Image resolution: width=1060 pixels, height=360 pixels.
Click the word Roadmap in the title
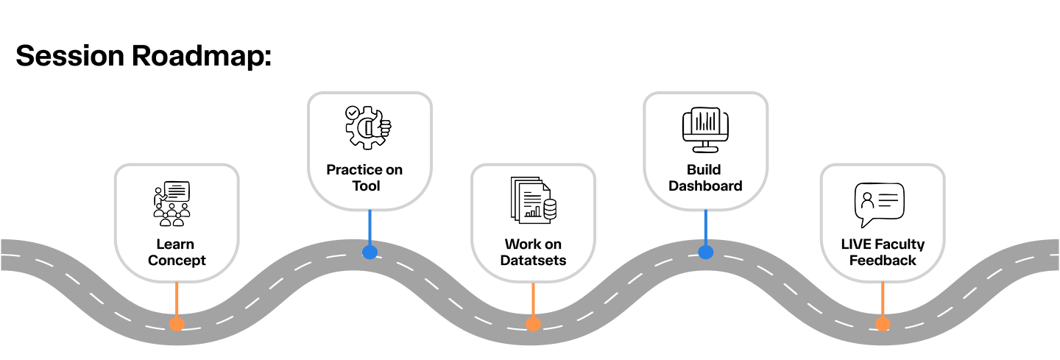[202, 56]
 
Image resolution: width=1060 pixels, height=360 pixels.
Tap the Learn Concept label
[177, 253]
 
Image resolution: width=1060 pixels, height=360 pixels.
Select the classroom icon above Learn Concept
[172, 203]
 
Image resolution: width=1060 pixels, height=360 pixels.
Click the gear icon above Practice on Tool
[368, 127]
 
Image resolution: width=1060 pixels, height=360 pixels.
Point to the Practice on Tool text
[365, 178]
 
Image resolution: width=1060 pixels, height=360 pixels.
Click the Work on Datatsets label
[533, 253]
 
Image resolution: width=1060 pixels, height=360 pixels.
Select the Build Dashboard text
[704, 178]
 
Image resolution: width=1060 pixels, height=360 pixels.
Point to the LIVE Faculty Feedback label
[883, 253]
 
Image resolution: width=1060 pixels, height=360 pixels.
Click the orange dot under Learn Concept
[177, 324]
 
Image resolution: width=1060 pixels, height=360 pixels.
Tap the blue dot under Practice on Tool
[370, 253]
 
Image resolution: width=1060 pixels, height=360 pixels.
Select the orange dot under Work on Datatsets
[533, 324]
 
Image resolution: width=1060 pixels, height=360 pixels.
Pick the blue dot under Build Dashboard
[705, 253]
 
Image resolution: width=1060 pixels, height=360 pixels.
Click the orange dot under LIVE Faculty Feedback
[883, 324]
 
